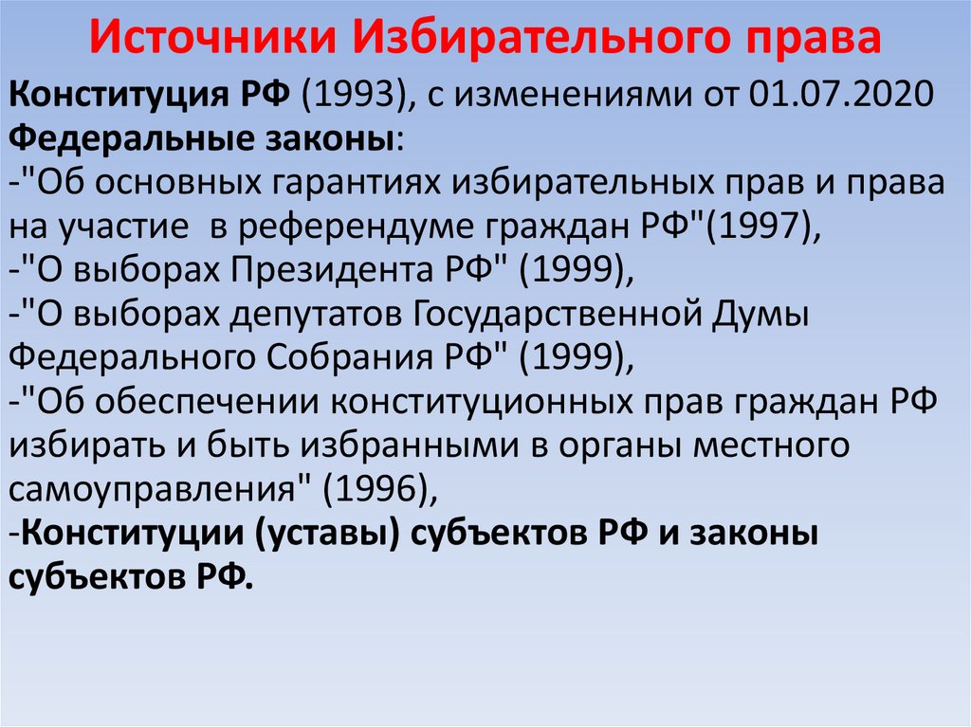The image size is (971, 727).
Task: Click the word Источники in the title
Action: coord(214,40)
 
